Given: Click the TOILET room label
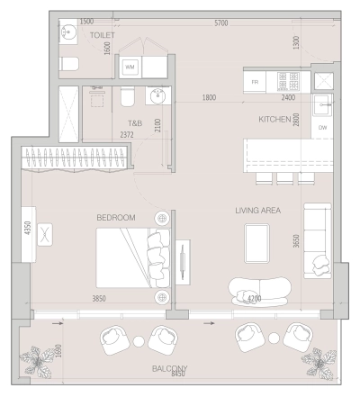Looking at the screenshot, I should coord(103,35).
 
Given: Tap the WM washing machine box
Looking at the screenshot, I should coord(130,67).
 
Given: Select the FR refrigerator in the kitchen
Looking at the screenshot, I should coord(255,81).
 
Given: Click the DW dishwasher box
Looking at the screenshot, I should coord(323,129).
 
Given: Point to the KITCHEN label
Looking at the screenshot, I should coord(274,119).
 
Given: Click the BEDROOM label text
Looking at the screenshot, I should coord(116,218).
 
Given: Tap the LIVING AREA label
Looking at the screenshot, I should coord(258,210).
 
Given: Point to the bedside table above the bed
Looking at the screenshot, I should coord(163,218).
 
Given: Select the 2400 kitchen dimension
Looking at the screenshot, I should coord(288,97).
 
